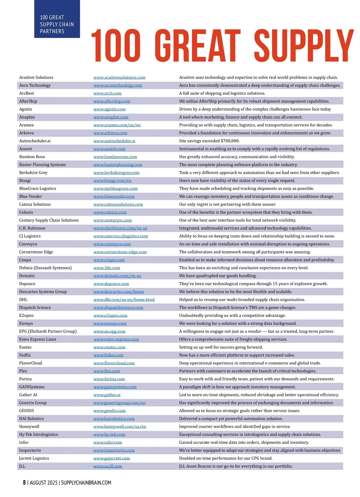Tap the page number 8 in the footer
point(24,483)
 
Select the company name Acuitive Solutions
point(36,77)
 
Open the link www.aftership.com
point(112,101)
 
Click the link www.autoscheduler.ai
point(114,141)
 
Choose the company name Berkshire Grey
point(33,173)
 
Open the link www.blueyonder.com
point(114,196)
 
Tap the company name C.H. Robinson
point(32,228)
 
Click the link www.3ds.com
point(106,268)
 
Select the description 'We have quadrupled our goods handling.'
point(218,276)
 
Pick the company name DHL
point(23,300)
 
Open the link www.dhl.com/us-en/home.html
point(124,300)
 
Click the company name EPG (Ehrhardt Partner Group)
point(48,331)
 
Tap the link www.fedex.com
point(108,355)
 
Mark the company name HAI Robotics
point(31,419)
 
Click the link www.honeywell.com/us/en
point(120,427)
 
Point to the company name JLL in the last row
point(22,466)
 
